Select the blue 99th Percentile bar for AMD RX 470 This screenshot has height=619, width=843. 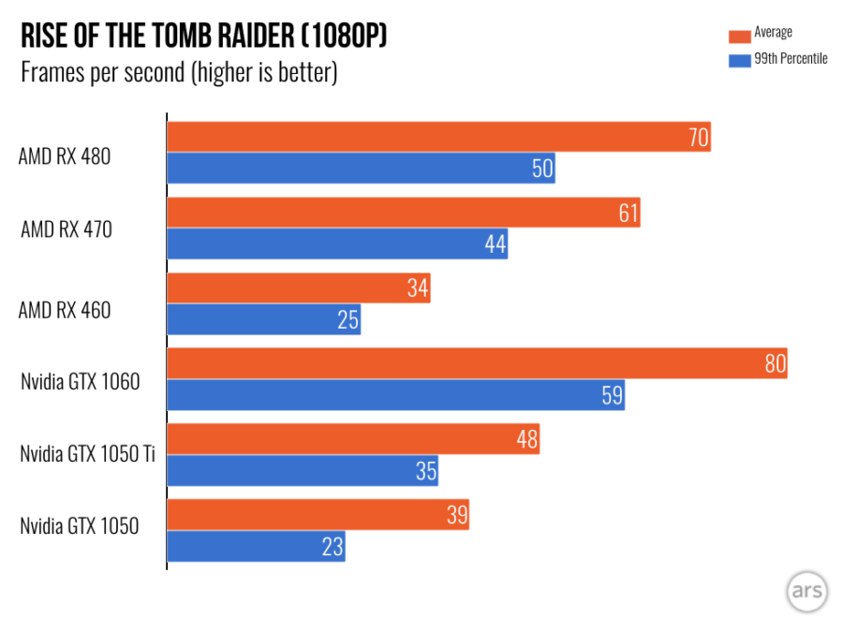click(x=337, y=244)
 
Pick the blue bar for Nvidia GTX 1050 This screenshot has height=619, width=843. click(x=256, y=546)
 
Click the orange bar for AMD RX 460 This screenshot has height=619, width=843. click(x=298, y=288)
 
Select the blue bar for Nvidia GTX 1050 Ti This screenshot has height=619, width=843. click(x=302, y=470)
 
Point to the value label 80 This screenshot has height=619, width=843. click(x=775, y=363)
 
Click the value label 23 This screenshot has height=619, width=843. click(x=333, y=546)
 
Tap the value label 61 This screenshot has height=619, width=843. click(x=628, y=214)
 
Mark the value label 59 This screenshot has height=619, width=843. click(x=612, y=395)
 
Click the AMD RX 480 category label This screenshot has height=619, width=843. click(x=64, y=156)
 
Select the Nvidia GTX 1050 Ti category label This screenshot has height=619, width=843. click(x=87, y=454)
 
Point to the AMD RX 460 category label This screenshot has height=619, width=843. click(x=64, y=309)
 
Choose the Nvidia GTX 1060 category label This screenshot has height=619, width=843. click(x=80, y=381)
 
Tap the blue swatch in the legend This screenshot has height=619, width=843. click(x=738, y=60)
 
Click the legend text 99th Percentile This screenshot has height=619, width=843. click(x=791, y=59)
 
